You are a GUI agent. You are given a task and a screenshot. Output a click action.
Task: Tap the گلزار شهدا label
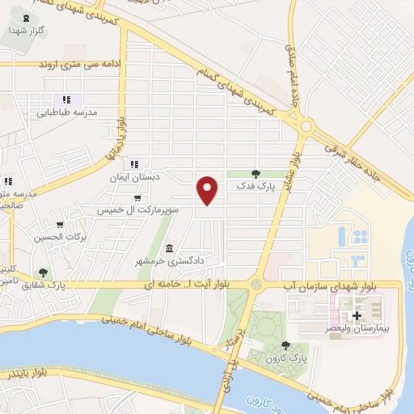pos(25,30)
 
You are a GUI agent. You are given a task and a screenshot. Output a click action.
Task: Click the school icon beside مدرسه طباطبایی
pos(56,99)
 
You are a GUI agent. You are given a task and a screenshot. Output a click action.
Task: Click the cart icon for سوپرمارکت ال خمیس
pos(137,196)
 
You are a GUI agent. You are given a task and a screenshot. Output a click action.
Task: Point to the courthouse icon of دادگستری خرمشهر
pos(169,248)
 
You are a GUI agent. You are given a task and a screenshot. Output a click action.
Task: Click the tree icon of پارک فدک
pos(256,173)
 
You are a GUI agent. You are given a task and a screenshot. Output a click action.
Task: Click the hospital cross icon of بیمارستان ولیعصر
pos(357,315)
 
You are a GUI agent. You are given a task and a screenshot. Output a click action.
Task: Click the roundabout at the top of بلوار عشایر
pos(306,125)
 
